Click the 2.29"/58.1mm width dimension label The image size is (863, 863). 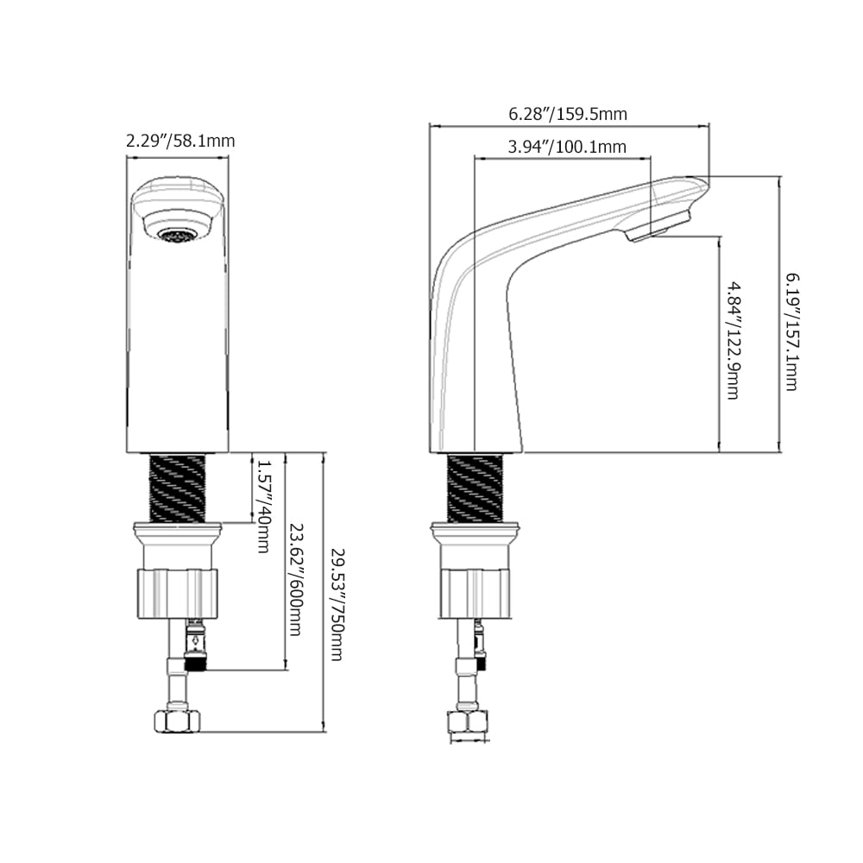pos(180,140)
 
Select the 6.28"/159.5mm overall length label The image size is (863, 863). pos(567,114)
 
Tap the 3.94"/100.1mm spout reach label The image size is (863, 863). pos(566,147)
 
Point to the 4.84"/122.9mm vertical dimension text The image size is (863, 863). pos(732,339)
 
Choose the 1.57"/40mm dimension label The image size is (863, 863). pos(263,505)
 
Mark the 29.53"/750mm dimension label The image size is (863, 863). pos(336,604)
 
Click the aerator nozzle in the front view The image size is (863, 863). pos(178,234)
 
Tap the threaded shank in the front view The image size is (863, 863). pos(178,488)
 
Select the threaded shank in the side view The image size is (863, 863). pos(475,488)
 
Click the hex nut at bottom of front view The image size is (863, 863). pos(177,721)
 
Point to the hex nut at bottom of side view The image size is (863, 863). pos(469,723)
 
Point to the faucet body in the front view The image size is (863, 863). pos(178,345)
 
